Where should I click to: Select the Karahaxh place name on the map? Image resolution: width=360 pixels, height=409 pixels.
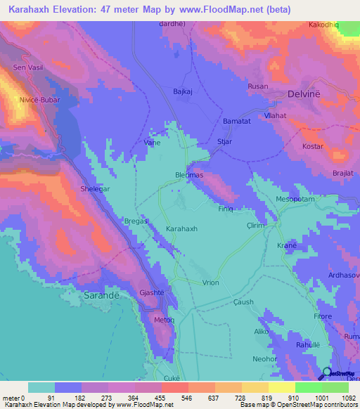point(181,230)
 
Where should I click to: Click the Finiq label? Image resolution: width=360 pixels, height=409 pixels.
point(226,209)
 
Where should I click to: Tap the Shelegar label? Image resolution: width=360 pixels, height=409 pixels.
point(96,190)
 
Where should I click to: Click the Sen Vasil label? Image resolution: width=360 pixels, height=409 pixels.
point(29,67)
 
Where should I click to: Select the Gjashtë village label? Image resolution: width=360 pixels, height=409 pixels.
point(151,292)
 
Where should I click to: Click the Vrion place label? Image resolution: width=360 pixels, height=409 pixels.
point(210,283)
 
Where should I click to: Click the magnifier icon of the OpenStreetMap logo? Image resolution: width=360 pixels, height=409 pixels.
point(326,375)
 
